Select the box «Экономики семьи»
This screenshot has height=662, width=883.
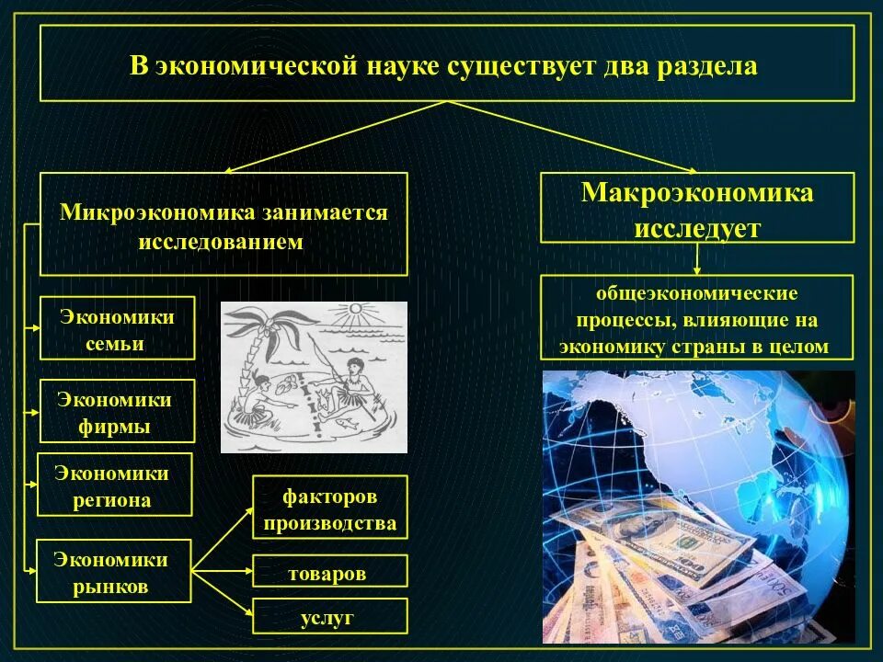point(117,328)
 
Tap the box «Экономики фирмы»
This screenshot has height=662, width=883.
point(117,412)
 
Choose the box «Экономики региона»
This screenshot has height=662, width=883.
point(114,485)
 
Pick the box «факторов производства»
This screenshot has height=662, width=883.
point(329,508)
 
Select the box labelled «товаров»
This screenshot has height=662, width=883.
point(329,571)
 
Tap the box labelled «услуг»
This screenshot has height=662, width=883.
point(329,616)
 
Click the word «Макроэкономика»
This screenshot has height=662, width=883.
point(696,193)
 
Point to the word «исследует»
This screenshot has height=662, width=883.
point(696,226)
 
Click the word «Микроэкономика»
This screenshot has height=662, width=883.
point(156,211)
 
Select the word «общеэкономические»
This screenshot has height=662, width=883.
point(696,294)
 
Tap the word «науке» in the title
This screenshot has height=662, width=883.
point(403,67)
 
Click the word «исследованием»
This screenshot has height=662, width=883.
point(221,243)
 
